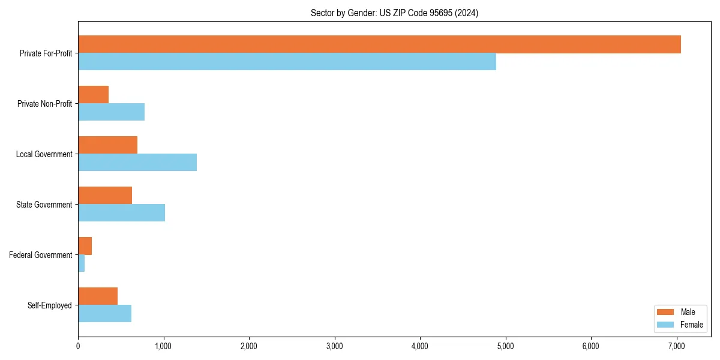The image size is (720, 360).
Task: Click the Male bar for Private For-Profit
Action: pos(379,44)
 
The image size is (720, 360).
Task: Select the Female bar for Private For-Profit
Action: pos(287,62)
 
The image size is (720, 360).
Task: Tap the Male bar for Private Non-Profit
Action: pos(93,95)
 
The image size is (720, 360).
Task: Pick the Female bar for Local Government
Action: pos(137,163)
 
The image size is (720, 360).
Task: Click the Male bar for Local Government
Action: pos(107,145)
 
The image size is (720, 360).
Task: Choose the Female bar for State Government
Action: pos(121,213)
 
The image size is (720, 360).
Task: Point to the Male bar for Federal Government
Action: pos(85,246)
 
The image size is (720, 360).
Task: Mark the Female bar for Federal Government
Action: pos(81,263)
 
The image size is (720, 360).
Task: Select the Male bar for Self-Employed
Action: pos(98,296)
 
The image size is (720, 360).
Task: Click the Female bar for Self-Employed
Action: pos(104,314)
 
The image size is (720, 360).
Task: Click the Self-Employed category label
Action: pos(50,305)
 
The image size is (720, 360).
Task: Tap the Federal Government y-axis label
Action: pos(41,255)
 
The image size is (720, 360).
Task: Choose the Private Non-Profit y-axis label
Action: pos(44,104)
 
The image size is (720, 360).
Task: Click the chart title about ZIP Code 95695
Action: pos(394,13)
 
